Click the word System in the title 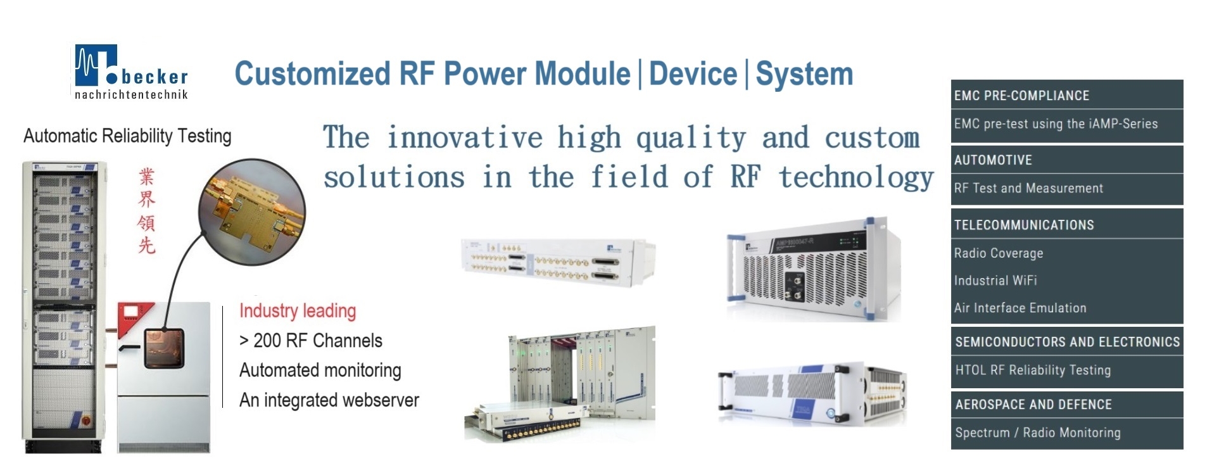point(804,74)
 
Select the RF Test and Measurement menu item point(1028,188)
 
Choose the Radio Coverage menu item point(999,253)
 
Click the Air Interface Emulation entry point(1020,308)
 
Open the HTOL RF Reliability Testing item point(1033,370)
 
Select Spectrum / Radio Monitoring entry point(1038,433)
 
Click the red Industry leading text point(298,311)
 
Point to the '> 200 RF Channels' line point(311,341)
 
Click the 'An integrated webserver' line point(329,400)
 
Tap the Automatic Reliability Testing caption point(127,136)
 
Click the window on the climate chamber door point(163,348)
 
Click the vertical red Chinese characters point(147,211)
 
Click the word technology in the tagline point(856,177)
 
